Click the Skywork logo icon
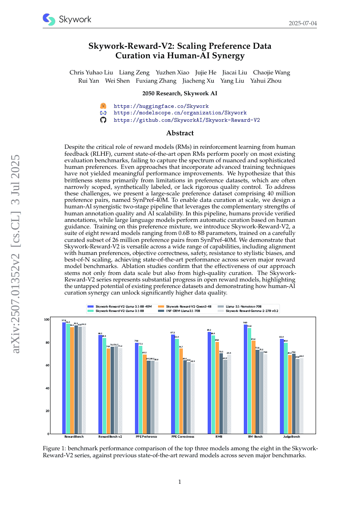coord(49,20)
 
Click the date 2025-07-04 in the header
coord(303,23)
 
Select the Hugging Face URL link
coord(161,106)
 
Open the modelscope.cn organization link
coord(180,113)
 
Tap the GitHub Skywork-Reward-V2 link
coord(187,120)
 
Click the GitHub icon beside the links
coord(103,120)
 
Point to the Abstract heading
coord(180,133)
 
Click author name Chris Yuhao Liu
coord(91,72)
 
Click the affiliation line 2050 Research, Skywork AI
coord(180,93)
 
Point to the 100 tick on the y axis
coord(47,320)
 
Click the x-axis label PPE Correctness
coord(182,436)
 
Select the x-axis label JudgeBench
coord(292,436)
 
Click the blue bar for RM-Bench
coord(246,379)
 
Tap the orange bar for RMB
coord(217,388)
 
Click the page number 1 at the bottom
coord(180,482)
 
